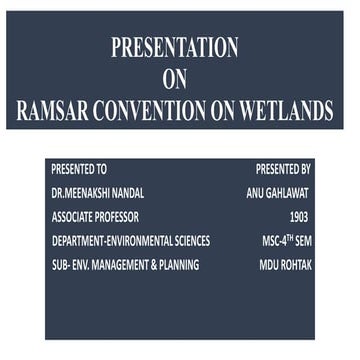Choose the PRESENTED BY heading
point(283,169)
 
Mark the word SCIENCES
point(190,241)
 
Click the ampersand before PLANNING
point(159,265)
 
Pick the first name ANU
point(256,193)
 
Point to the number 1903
point(298,217)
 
